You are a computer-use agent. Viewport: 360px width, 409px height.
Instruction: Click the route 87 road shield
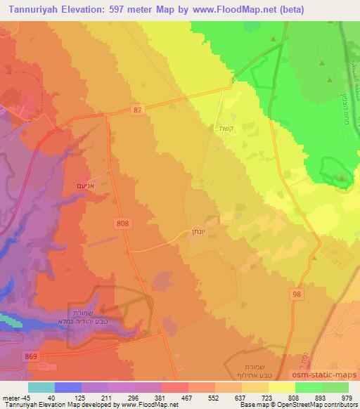[x=137, y=110]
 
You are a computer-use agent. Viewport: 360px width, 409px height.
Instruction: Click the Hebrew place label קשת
[x=226, y=127]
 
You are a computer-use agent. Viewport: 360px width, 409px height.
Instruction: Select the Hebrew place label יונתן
[x=196, y=230]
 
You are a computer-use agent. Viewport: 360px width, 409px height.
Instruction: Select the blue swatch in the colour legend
[x=68, y=387]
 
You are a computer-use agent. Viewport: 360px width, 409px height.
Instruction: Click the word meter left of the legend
[x=11, y=397]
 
